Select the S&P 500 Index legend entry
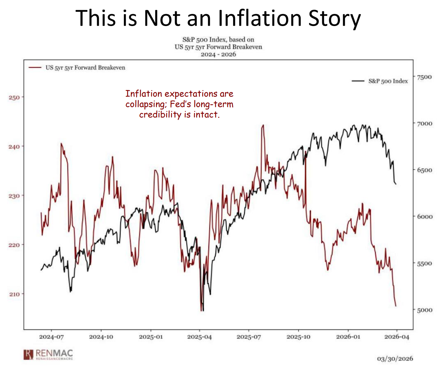coord(380,81)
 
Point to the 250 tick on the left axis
coord(14,97)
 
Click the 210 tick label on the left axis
coord(14,294)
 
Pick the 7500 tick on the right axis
coord(424,77)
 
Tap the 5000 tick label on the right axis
coord(424,310)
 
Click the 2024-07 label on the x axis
coord(52,337)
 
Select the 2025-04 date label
coord(199,337)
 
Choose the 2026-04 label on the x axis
coord(397,337)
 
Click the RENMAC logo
coord(48,354)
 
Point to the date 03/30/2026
coord(395,359)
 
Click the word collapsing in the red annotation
coord(147,104)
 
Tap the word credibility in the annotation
coord(160,115)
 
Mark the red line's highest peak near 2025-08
coord(263,125)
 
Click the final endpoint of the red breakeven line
coord(396,306)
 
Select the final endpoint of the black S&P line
coord(396,184)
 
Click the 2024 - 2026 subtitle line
coord(218,55)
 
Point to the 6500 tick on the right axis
coord(424,170)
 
